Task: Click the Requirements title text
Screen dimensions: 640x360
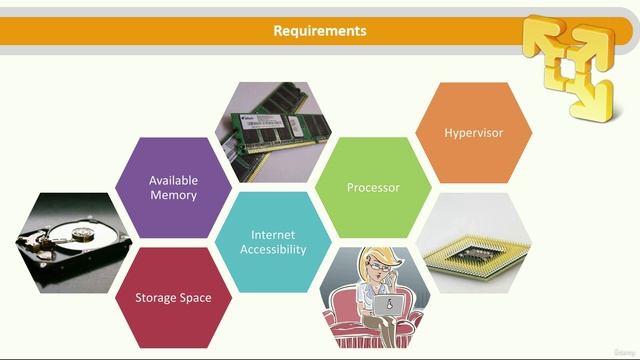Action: point(320,31)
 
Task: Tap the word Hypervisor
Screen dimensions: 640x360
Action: point(473,132)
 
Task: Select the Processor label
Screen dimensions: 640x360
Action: point(373,187)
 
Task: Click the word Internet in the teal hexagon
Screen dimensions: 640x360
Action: point(273,235)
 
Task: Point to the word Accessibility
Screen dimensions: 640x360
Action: point(273,249)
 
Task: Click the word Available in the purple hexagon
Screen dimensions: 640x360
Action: point(173,180)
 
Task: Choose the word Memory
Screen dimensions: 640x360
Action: point(173,195)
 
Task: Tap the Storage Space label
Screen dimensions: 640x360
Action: point(173,297)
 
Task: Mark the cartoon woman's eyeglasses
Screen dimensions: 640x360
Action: point(378,271)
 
